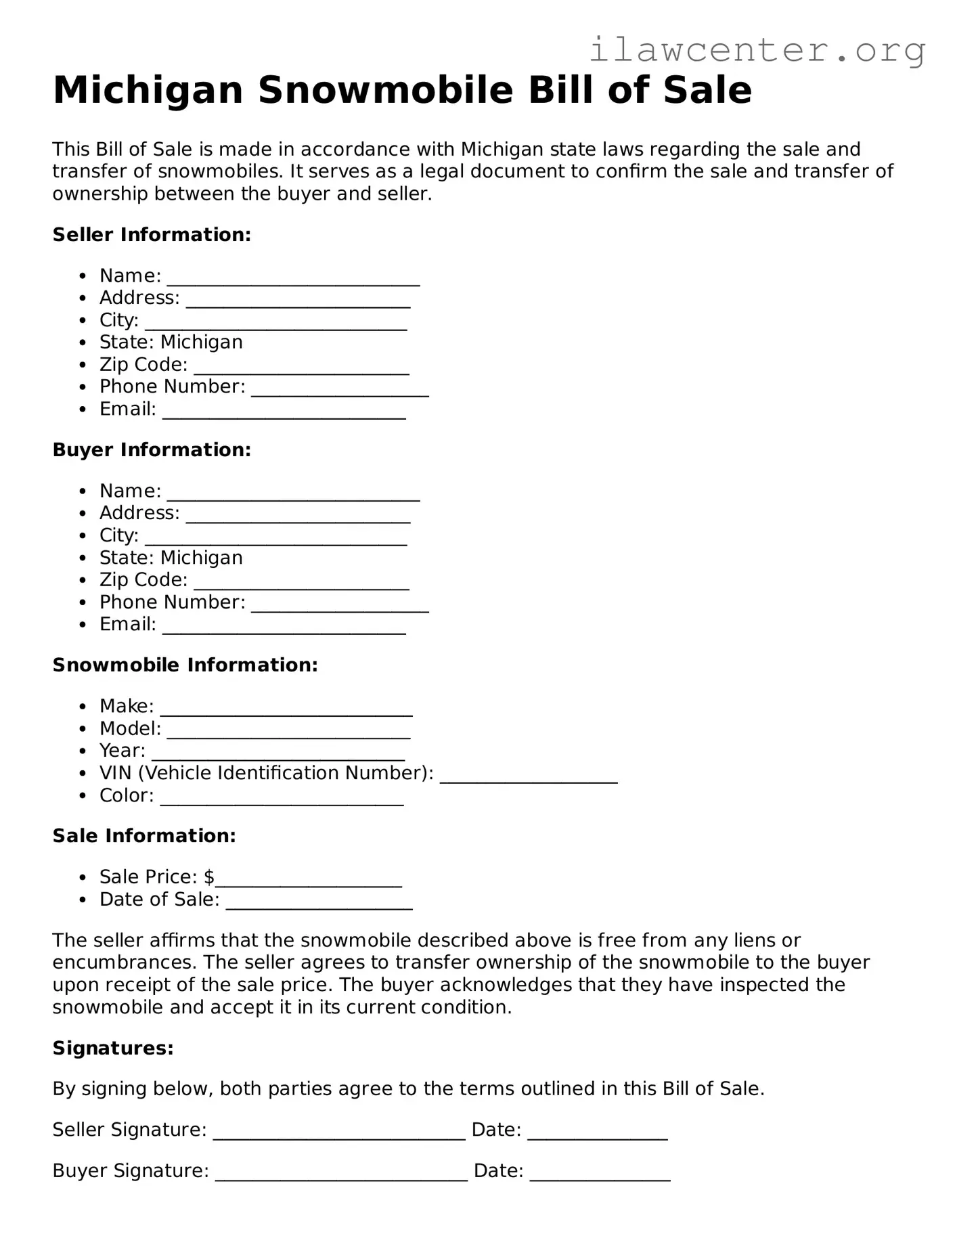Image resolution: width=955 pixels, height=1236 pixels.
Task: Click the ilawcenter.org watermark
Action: click(757, 49)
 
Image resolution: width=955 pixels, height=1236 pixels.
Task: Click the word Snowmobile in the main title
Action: click(385, 90)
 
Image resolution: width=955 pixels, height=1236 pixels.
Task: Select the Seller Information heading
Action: click(152, 235)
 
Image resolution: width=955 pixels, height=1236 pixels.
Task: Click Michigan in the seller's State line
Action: click(201, 343)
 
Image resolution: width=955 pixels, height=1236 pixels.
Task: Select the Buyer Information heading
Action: click(152, 450)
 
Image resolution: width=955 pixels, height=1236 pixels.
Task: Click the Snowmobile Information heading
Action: click(185, 665)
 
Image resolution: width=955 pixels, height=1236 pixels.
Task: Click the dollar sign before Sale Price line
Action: click(209, 877)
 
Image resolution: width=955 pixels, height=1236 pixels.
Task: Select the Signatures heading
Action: click(113, 1049)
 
